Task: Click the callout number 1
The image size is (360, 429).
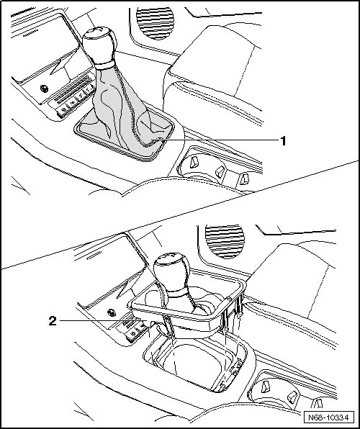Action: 284,141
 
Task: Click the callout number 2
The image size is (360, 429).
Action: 53,320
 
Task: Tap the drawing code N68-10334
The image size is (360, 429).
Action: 328,417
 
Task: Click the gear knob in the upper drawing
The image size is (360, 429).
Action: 99,45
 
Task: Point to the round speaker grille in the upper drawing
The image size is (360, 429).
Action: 156,23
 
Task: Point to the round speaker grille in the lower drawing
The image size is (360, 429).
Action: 225,241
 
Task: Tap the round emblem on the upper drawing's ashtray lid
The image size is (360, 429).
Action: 44,89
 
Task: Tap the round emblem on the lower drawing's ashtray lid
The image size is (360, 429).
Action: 112,312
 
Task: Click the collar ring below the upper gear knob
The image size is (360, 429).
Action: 105,65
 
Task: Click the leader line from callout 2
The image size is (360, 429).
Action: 104,320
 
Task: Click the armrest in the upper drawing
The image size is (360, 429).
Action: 216,62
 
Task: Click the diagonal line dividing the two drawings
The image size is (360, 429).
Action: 180,215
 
